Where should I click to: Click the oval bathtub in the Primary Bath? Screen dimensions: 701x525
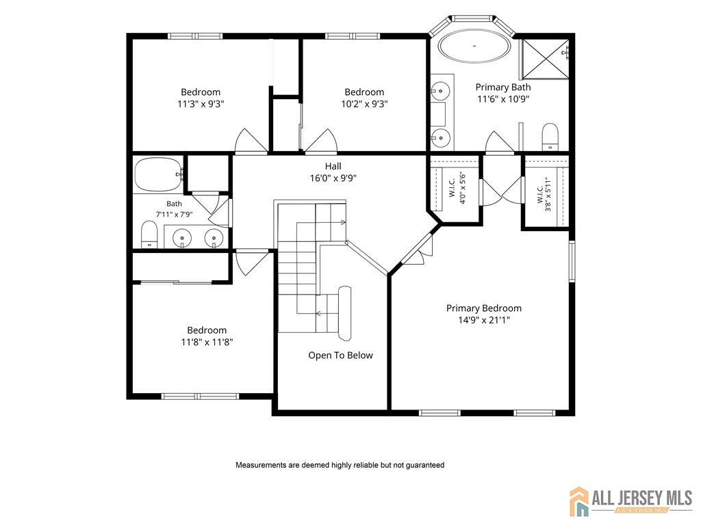click(474, 46)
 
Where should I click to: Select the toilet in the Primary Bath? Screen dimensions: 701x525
click(550, 137)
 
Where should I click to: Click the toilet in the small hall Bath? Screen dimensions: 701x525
click(149, 234)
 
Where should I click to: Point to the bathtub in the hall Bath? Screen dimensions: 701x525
click(159, 174)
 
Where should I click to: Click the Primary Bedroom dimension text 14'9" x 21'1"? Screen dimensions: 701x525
click(484, 320)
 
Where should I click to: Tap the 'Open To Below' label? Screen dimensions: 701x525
click(340, 355)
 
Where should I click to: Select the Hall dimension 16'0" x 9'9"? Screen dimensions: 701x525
click(333, 178)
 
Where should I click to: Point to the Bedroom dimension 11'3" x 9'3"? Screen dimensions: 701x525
click(201, 104)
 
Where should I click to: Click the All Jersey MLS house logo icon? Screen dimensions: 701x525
click(579, 501)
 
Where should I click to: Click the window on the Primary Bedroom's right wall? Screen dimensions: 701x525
click(572, 261)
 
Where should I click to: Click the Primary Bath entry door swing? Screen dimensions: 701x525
click(500, 142)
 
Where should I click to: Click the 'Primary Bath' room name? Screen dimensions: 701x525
click(503, 87)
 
